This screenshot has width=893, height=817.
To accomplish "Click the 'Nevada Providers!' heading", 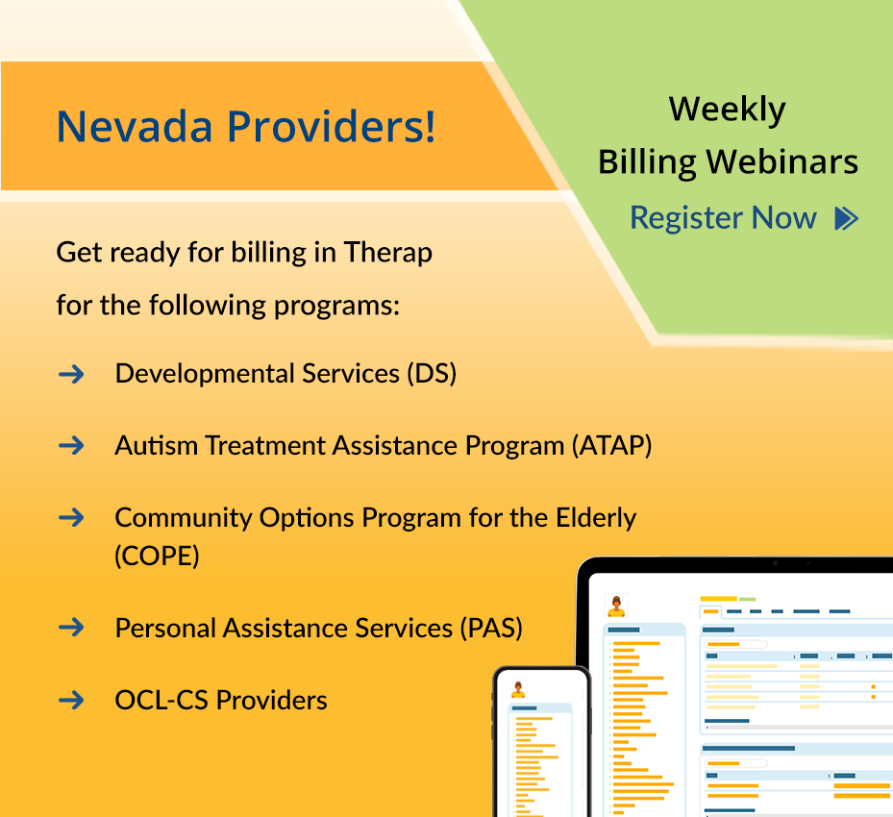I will (246, 127).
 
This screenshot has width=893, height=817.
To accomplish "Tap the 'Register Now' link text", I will (723, 218).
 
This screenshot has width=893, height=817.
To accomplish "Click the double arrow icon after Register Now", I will (846, 218).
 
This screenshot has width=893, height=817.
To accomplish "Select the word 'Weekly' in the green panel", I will (728, 110).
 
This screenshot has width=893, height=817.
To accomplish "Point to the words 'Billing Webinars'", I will (728, 162).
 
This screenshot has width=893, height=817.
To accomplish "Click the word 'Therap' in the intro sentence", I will (388, 253).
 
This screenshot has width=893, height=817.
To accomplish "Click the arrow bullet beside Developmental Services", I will (71, 373).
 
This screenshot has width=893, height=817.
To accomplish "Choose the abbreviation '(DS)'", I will (431, 373).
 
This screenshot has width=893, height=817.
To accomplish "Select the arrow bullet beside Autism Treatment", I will (71, 445).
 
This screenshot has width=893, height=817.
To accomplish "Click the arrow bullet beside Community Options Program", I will (71, 517).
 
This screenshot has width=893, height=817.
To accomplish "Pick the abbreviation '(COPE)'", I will (157, 556).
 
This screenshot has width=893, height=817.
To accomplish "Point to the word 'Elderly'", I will (596, 518).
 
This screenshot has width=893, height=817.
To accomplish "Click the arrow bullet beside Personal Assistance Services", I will (71, 628).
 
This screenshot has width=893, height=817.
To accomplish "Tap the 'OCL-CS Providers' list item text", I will (221, 700).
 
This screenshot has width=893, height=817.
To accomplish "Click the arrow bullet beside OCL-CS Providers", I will (71, 700).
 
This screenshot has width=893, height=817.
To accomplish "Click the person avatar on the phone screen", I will (519, 689).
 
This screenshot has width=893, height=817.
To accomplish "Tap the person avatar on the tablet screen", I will (616, 607).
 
